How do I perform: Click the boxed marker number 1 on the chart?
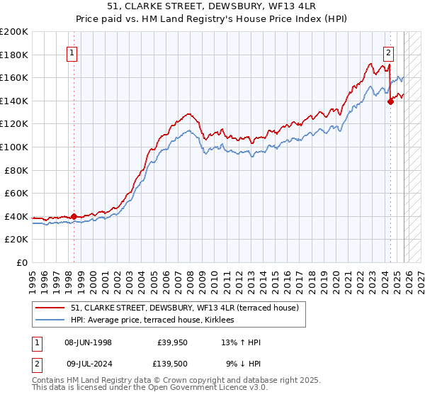pos(73,52)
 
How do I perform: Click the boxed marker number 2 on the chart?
pos(389,52)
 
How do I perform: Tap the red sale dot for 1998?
pos(74,216)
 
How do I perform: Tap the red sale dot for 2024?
pos(390,101)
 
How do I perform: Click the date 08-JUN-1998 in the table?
pos(88,342)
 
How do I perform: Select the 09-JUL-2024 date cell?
pos(88,364)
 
